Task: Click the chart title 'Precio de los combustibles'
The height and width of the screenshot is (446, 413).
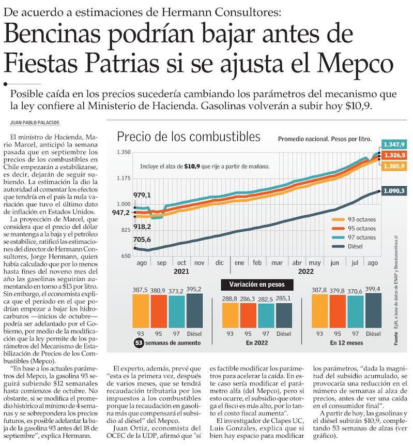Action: (x=188, y=137)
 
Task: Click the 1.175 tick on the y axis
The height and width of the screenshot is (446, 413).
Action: (x=124, y=179)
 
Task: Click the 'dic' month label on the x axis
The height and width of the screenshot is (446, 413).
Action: (x=219, y=262)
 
